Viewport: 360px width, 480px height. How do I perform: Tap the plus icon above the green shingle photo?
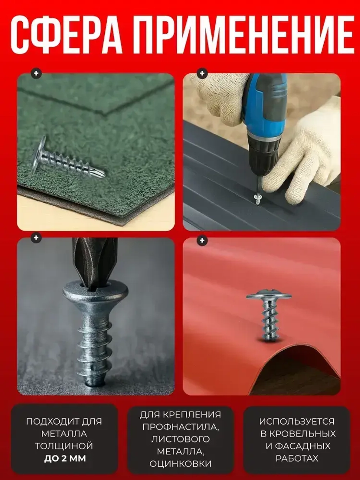[36, 73]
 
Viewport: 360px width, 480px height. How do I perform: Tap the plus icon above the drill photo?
[202, 73]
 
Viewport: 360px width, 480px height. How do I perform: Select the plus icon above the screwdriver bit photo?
[36, 238]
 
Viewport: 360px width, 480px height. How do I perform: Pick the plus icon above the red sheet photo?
[202, 241]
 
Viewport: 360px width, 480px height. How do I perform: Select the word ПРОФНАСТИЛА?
[181, 427]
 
